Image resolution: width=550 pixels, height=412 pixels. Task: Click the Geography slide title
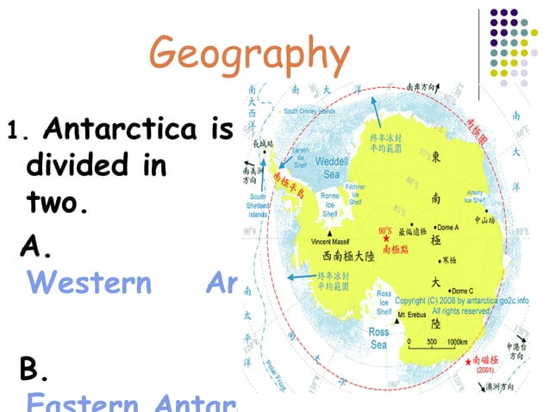point(251,53)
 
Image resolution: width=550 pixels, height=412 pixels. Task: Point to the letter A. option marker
point(36,247)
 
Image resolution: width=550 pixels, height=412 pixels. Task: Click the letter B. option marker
point(35,371)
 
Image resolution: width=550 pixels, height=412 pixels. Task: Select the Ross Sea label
point(378,338)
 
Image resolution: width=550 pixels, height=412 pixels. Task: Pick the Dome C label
point(463,290)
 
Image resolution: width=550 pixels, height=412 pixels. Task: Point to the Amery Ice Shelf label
point(476,197)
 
